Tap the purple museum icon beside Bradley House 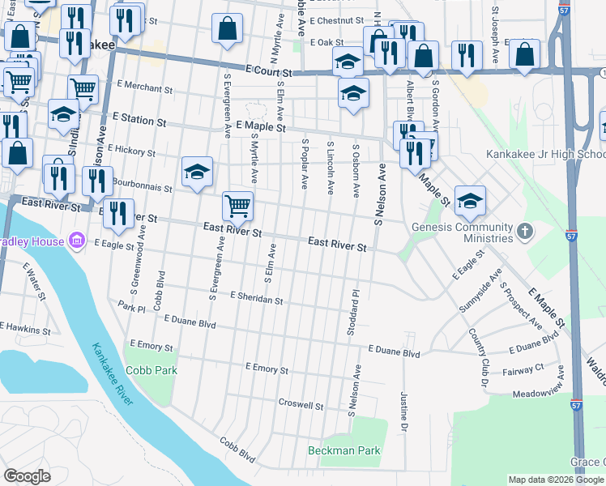click(x=77, y=241)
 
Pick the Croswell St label click(x=301, y=404)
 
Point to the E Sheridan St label click(x=256, y=299)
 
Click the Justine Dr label click(x=403, y=410)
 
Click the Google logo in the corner click(x=28, y=476)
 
